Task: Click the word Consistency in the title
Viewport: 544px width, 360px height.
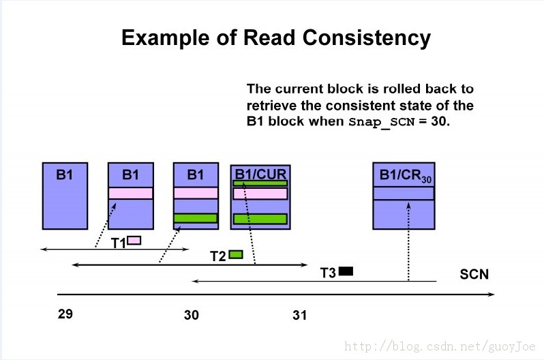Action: (366, 38)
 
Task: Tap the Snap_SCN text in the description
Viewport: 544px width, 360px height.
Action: (382, 122)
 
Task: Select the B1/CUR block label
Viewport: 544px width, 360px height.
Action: (260, 174)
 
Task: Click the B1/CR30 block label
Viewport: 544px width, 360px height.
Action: (405, 175)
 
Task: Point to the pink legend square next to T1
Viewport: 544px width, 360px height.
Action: (134, 240)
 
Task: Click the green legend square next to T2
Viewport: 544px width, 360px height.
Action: (236, 254)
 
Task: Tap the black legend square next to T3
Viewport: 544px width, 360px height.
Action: (346, 271)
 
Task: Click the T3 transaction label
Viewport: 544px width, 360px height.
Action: (328, 273)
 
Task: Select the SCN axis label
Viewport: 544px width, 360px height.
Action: (474, 274)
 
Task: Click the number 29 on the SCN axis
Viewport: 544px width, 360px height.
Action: (65, 314)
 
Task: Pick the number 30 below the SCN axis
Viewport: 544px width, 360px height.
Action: (191, 315)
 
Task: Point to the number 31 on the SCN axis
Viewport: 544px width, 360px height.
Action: (299, 315)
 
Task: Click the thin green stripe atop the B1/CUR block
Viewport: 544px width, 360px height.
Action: (260, 183)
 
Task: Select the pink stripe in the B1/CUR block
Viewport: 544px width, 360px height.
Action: (260, 194)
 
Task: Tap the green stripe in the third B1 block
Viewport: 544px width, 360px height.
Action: (196, 218)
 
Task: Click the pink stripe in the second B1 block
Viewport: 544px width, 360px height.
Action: (130, 193)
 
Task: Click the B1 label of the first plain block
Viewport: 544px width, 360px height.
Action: (65, 175)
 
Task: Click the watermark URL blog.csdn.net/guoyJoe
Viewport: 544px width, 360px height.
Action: (440, 346)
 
